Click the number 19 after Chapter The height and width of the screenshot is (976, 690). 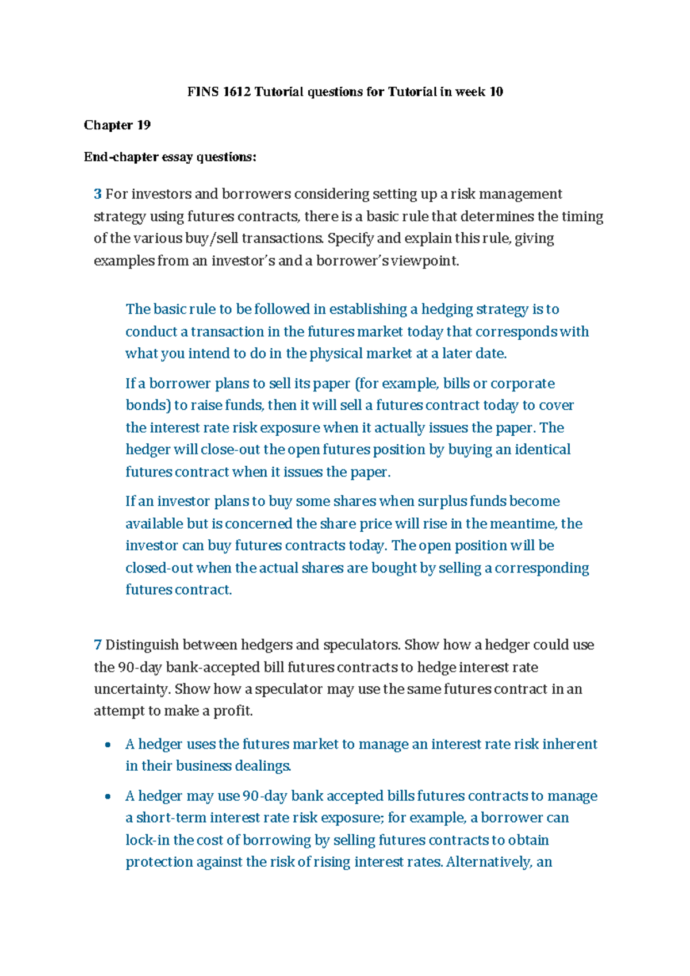144,125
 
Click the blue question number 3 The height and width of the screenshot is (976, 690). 98,194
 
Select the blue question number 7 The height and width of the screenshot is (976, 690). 98,645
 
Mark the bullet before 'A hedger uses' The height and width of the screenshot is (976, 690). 108,745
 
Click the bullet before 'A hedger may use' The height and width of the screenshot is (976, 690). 108,797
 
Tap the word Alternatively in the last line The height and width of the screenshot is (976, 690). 488,862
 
